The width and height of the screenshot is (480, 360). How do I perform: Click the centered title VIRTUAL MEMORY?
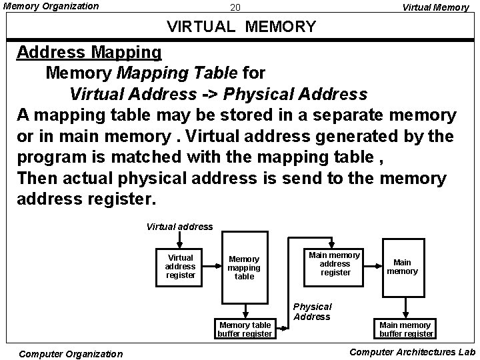tap(241, 27)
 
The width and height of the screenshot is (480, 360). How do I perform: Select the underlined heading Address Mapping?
tap(89, 52)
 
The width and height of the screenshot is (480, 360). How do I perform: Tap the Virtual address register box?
tap(181, 266)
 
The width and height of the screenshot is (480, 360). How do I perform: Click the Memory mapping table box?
tap(244, 267)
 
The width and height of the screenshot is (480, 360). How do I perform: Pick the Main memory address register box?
tap(335, 263)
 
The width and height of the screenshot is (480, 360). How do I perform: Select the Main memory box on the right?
tap(403, 267)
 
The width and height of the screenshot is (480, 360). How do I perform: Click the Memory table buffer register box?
tap(245, 329)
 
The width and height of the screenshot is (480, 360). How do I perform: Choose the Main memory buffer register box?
tap(405, 329)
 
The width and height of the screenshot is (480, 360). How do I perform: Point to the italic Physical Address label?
tap(312, 311)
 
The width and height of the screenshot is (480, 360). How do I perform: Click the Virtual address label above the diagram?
tap(179, 227)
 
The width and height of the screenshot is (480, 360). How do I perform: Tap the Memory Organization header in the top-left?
tap(51, 7)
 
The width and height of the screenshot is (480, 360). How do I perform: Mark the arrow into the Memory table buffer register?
tap(245, 310)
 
